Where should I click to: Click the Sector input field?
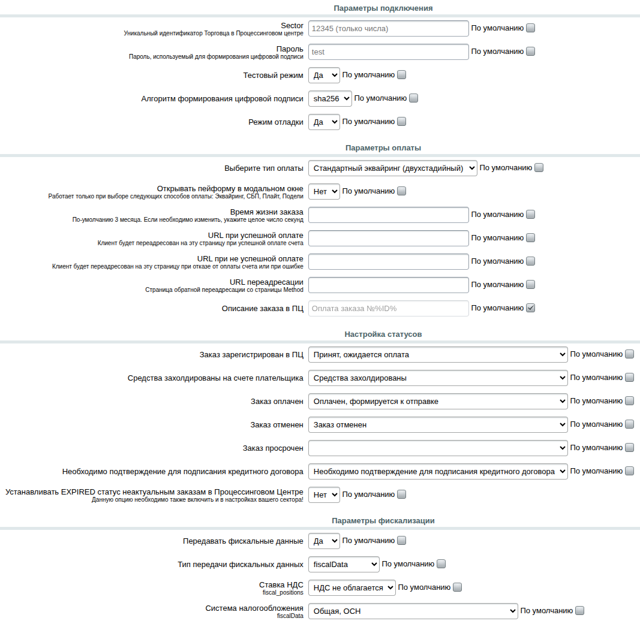coord(388,29)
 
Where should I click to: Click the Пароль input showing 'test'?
coord(388,52)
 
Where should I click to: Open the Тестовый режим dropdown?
coord(324,76)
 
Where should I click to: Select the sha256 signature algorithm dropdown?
coord(330,99)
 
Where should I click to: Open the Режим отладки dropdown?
coord(324,122)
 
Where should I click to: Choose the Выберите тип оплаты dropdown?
coord(392,168)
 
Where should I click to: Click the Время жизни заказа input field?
coord(388,215)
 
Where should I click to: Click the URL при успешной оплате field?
coord(388,239)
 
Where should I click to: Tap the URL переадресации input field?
coord(388,285)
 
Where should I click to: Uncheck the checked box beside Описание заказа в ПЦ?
coord(530,308)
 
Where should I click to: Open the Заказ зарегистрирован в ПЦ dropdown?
coord(438,355)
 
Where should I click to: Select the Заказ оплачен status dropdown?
coord(438,402)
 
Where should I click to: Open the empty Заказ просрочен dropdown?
coord(438,448)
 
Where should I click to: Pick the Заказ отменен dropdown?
coord(438,425)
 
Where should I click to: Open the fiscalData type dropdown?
coord(344,565)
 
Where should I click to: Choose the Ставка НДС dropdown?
coord(352,588)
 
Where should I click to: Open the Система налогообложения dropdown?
coord(413,611)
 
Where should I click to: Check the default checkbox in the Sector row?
coord(530,28)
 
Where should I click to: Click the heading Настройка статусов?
coord(383,334)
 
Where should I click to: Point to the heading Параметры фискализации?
coord(383,520)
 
